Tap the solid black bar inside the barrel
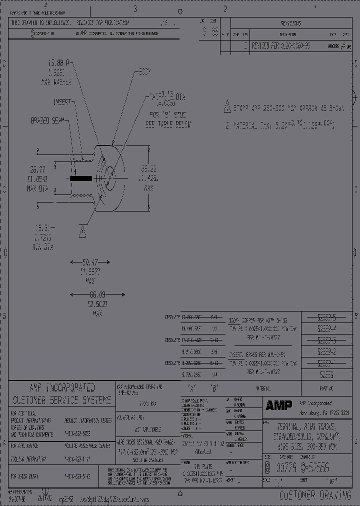[x=80, y=178]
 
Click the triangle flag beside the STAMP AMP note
[x=226, y=106]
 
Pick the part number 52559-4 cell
[x=327, y=328]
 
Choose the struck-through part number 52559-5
[x=327, y=317]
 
